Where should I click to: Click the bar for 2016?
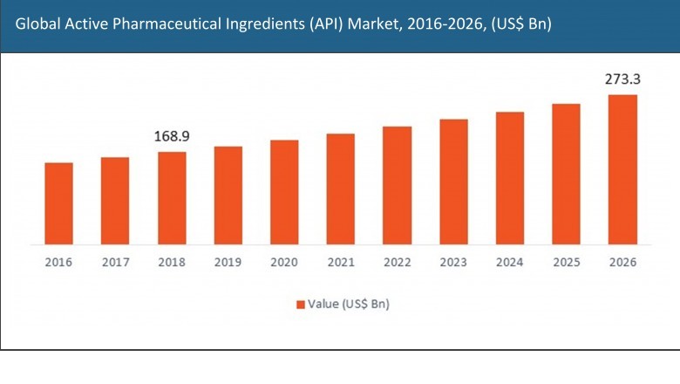click(58, 202)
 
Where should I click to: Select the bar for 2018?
click(172, 197)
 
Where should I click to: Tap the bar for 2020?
click(284, 191)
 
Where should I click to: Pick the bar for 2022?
click(397, 184)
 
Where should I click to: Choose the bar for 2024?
click(510, 177)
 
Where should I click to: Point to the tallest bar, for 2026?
click(622, 168)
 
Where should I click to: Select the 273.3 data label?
click(622, 79)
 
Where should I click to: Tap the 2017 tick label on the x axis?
click(115, 262)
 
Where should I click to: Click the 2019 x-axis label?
click(228, 262)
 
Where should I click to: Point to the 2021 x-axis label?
click(341, 262)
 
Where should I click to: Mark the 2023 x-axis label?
click(453, 262)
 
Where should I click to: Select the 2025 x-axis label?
click(566, 262)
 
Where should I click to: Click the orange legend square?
click(300, 305)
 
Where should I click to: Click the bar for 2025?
click(566, 173)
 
